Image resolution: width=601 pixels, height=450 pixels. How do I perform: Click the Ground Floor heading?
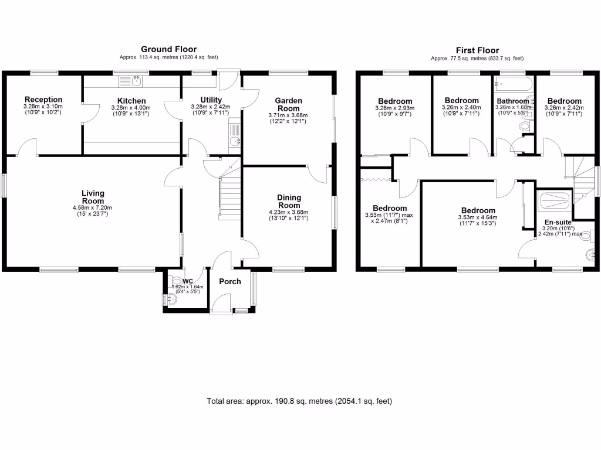(168, 49)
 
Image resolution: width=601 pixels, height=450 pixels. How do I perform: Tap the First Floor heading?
(477, 50)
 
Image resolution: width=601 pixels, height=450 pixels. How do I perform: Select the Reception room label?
(43, 100)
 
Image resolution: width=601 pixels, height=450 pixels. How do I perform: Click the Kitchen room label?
(131, 101)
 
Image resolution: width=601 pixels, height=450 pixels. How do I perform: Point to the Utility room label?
(211, 100)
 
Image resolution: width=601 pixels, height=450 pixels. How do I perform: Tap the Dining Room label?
(288, 201)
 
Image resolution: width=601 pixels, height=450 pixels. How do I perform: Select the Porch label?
(229, 282)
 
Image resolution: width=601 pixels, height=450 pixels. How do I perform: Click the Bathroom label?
(513, 101)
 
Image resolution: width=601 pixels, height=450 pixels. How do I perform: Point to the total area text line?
(299, 401)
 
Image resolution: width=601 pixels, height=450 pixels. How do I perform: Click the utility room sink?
(235, 140)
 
